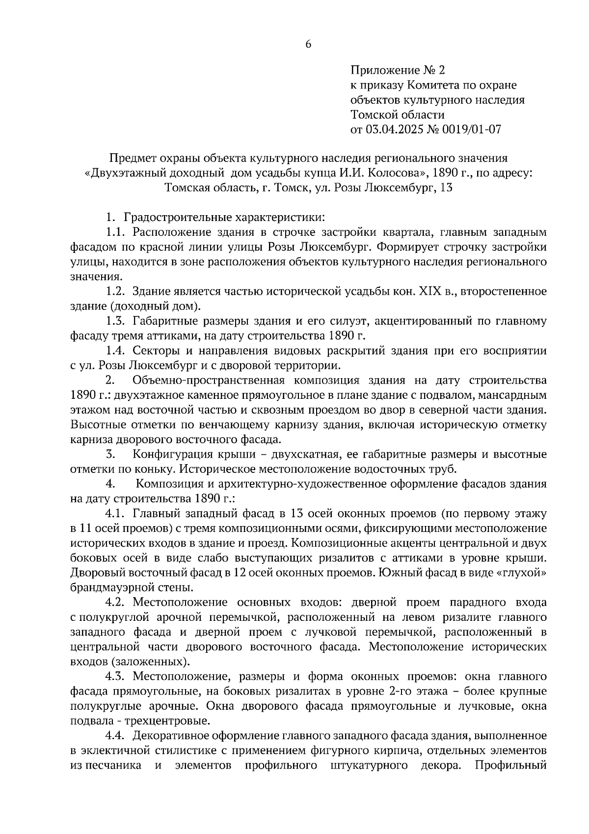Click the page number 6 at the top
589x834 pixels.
coord(308,44)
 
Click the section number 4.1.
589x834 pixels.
coord(117,514)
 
